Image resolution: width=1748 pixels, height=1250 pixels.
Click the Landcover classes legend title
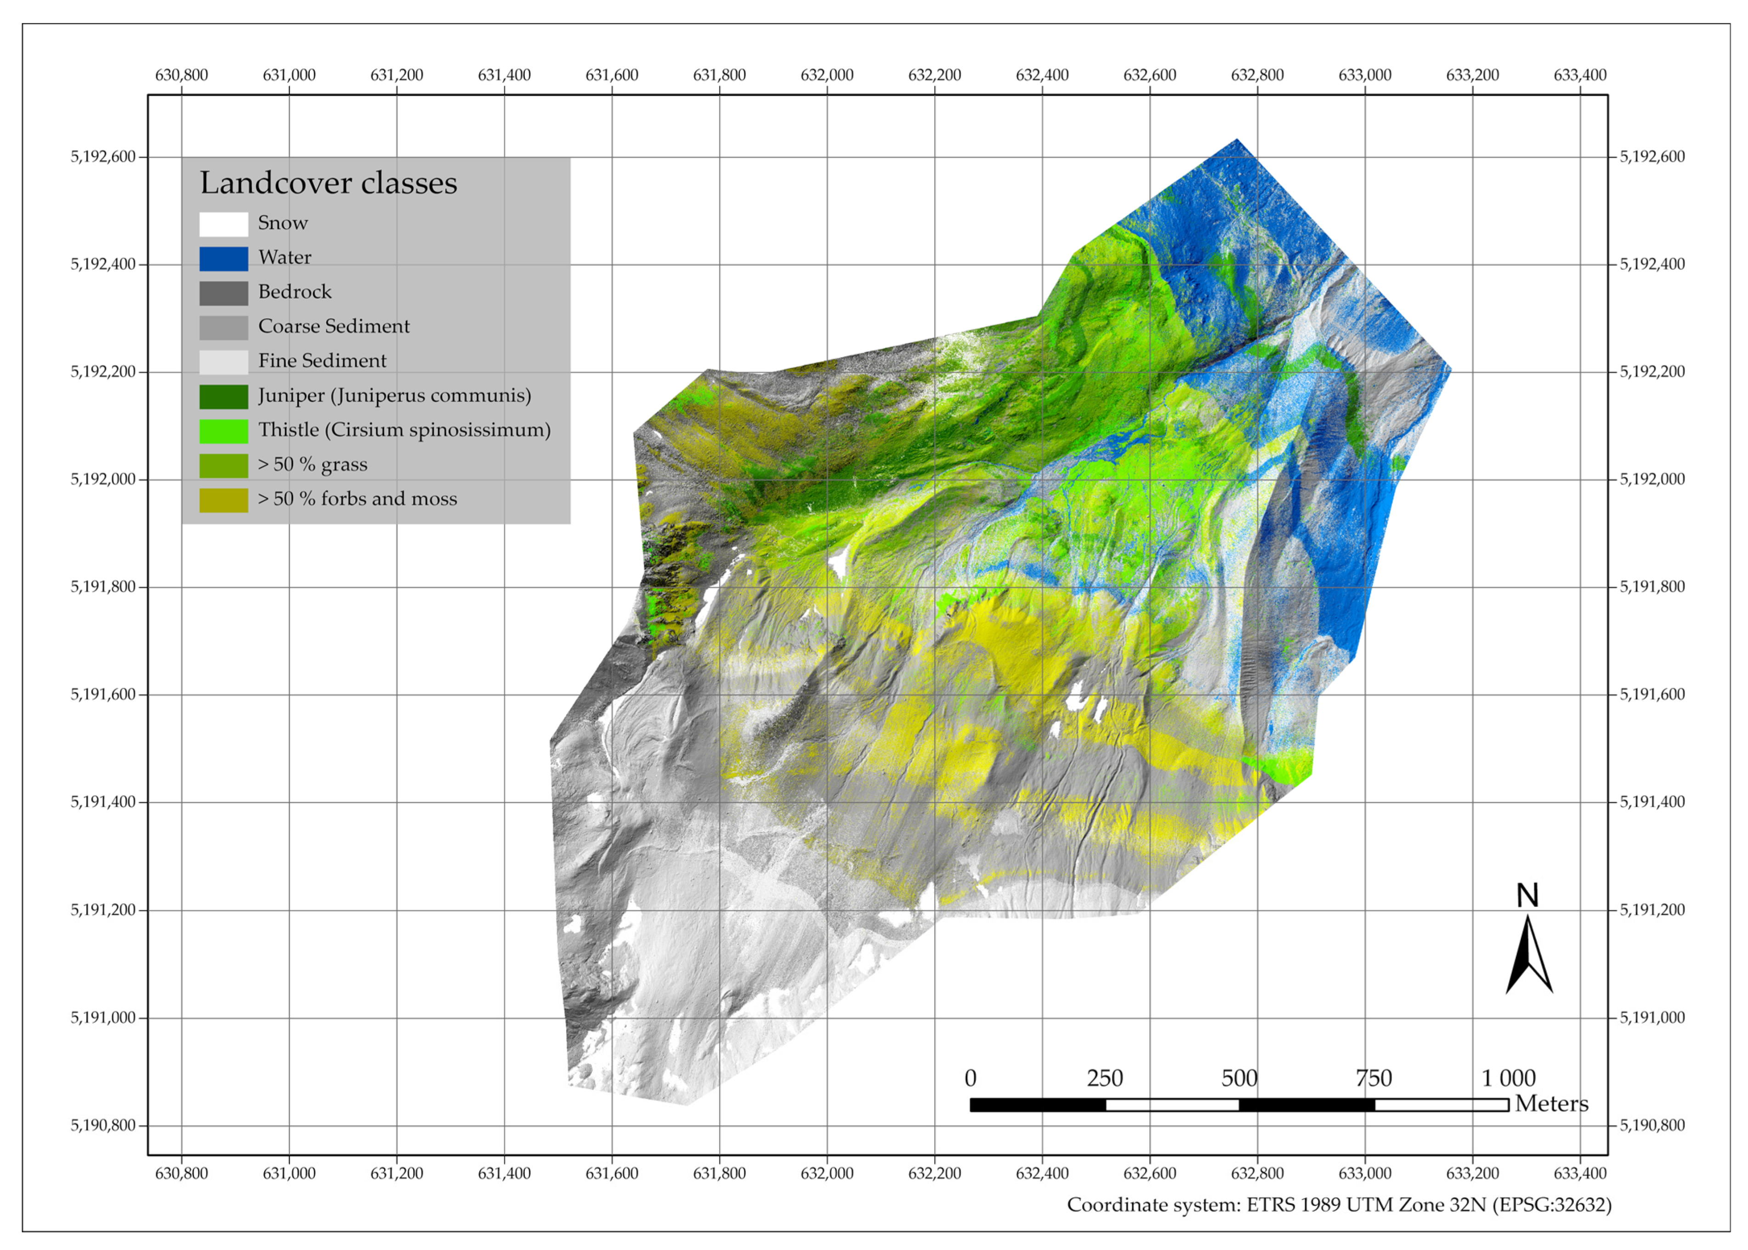tap(328, 183)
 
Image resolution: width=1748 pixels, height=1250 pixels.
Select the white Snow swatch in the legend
tap(223, 224)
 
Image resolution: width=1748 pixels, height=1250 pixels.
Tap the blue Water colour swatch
tap(223, 259)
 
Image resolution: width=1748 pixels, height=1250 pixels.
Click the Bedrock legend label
tap(295, 292)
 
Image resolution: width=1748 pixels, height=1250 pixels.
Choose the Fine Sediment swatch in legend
tap(223, 362)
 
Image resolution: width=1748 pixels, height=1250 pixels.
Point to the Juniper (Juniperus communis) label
tap(394, 396)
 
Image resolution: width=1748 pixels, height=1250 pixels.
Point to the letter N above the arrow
tap(1527, 895)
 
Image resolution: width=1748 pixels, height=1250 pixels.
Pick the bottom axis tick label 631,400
tap(504, 1174)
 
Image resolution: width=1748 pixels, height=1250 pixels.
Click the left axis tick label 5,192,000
tap(103, 479)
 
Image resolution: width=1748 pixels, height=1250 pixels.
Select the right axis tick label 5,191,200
tap(1652, 910)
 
